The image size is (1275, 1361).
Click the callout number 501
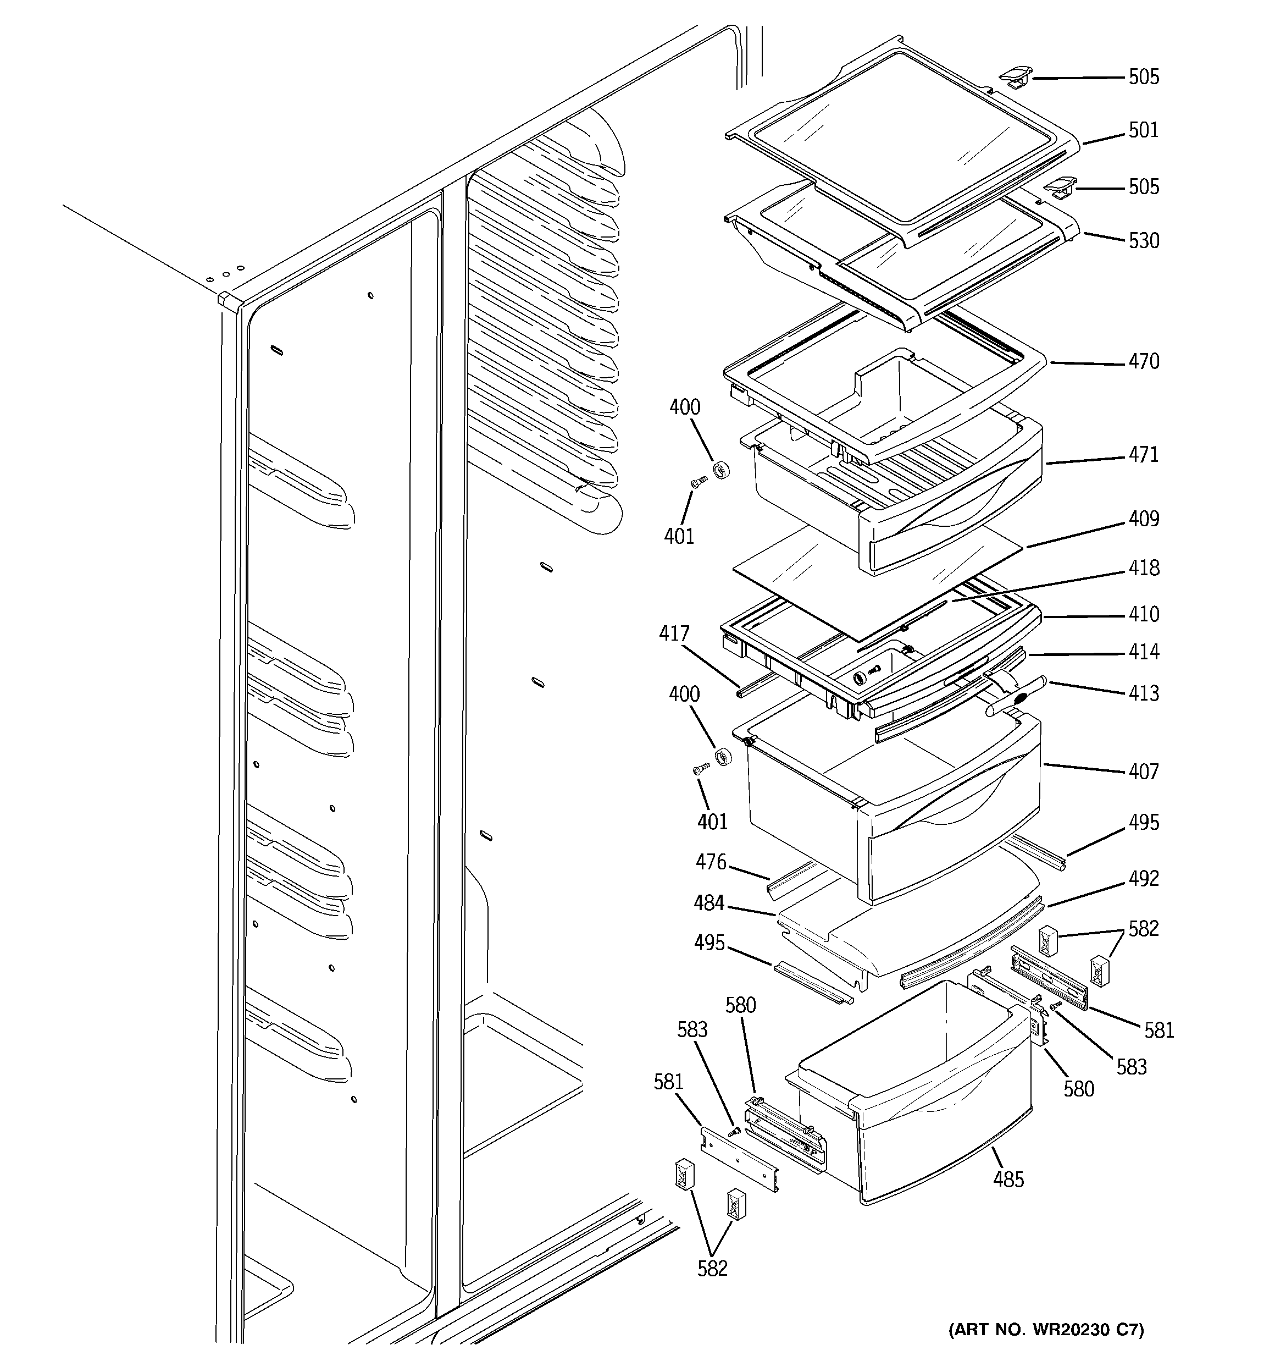point(1144,130)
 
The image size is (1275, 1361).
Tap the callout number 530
point(1144,241)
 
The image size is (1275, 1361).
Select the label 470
point(1144,361)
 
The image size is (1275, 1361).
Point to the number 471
point(1144,455)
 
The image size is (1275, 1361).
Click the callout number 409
point(1144,519)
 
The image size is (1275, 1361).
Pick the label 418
point(1144,568)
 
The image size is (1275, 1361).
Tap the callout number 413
point(1144,693)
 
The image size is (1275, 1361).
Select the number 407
point(1144,772)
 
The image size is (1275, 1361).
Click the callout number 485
point(1008,1180)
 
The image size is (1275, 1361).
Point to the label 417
point(674,633)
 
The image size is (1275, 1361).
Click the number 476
point(711,862)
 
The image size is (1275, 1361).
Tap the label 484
point(708,903)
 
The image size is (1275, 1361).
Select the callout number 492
point(1144,878)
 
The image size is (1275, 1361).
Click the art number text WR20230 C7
point(1046,1330)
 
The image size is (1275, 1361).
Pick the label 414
point(1144,652)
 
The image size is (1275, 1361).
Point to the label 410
point(1144,614)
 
